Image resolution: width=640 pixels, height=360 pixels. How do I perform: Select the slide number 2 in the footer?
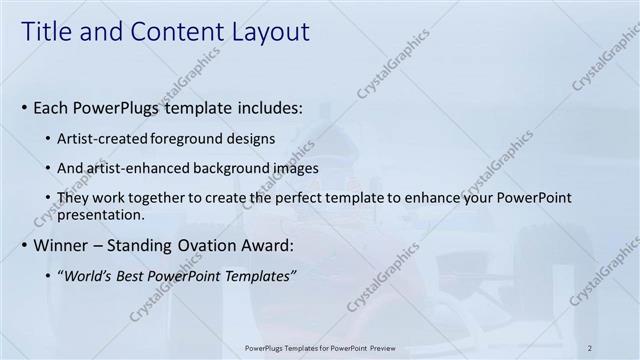coord(590,346)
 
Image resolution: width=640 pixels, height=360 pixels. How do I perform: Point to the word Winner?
coord(65,245)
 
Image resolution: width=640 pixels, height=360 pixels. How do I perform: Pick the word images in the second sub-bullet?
coord(297,168)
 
